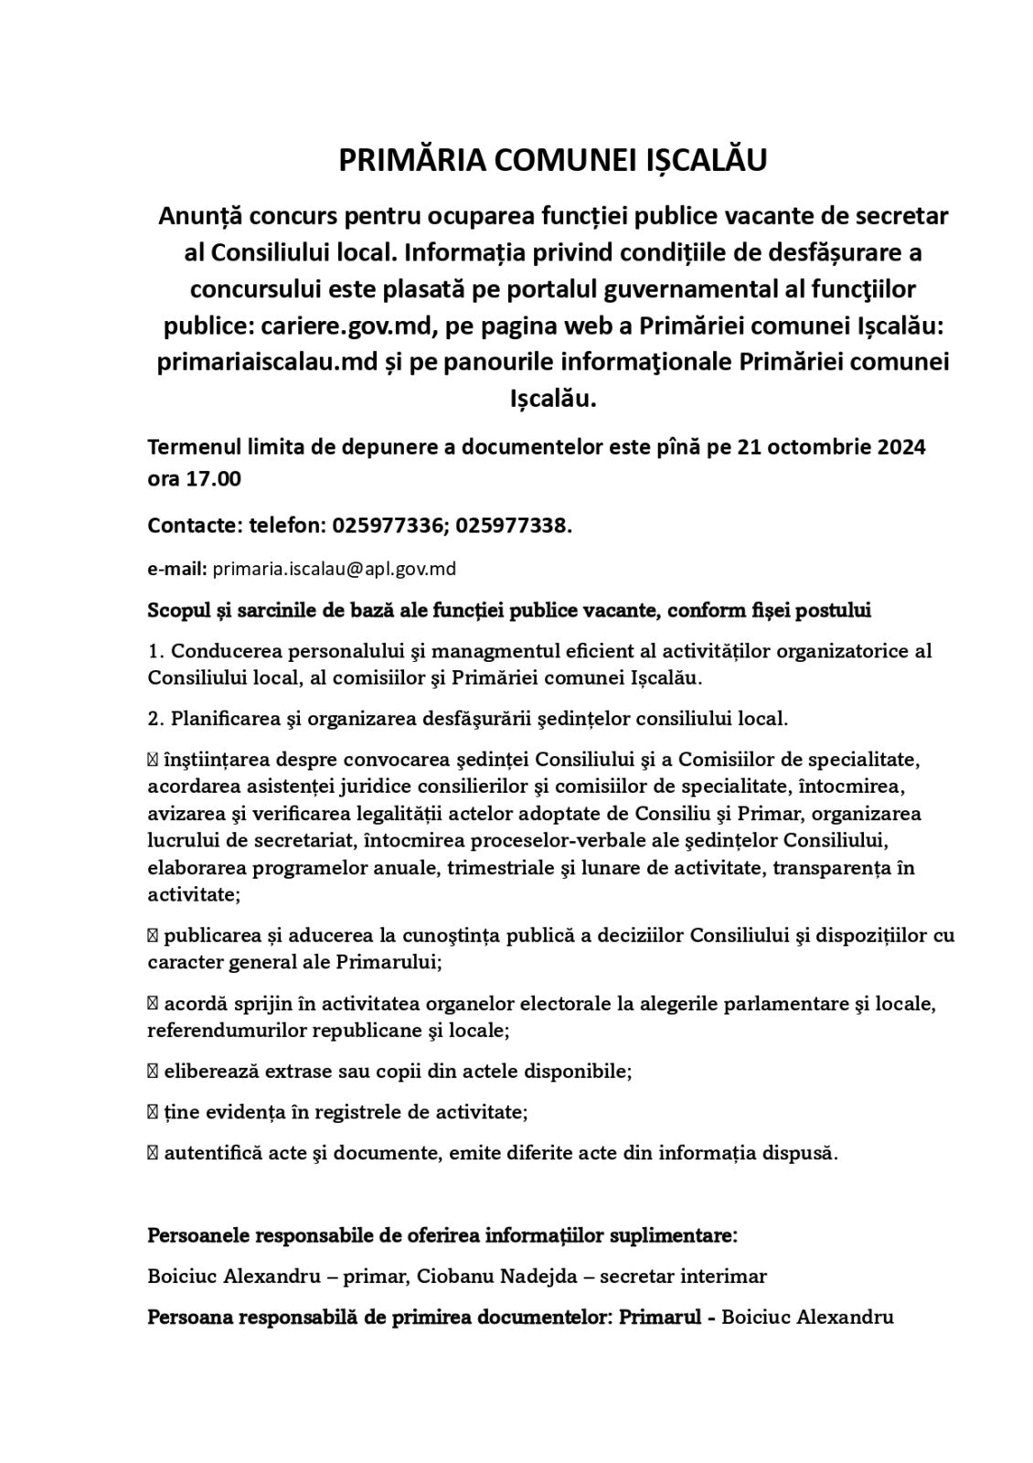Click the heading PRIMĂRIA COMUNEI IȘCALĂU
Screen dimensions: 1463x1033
pyautogui.click(x=552, y=160)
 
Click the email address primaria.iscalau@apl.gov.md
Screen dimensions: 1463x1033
pyautogui.click(x=334, y=569)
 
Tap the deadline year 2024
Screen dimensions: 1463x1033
pyautogui.click(x=901, y=447)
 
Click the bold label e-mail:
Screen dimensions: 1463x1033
pyautogui.click(x=177, y=569)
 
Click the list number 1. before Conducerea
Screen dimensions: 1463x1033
pyautogui.click(x=155, y=651)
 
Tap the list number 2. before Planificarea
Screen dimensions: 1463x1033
pyautogui.click(x=155, y=718)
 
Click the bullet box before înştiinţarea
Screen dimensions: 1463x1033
pyautogui.click(x=153, y=760)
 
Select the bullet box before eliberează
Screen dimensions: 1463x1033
pyautogui.click(x=153, y=1071)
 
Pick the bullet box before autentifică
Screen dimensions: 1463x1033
pyautogui.click(x=153, y=1153)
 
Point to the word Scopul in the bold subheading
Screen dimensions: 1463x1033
pyautogui.click(x=180, y=610)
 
